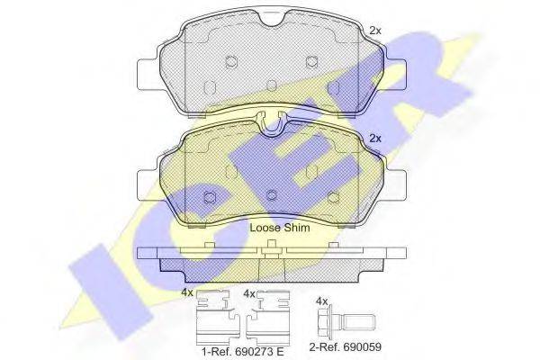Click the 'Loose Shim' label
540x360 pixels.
280,228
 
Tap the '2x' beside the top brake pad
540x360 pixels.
375,31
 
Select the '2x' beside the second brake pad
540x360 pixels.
375,139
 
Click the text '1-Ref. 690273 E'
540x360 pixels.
242,351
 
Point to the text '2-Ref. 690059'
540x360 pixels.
345,346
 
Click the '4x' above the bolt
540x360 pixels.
321,301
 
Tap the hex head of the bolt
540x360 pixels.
323,322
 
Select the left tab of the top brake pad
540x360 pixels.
148,74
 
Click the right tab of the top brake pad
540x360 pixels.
396,74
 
